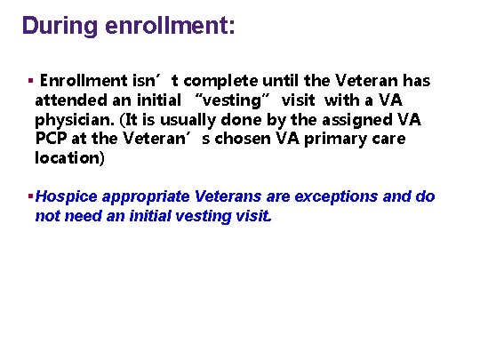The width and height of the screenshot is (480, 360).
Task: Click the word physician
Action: click(73, 119)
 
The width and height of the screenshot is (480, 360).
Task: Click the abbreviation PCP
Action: click(52, 139)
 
